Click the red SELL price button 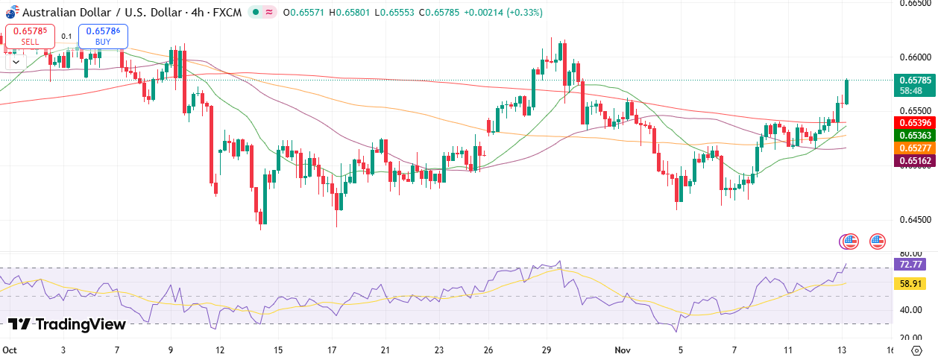tap(30, 36)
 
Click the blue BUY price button tap(103, 36)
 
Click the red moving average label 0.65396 tap(915, 121)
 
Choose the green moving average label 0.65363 tap(915, 135)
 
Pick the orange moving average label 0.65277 tap(915, 148)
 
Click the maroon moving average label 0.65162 tap(915, 160)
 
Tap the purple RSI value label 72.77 tap(911, 265)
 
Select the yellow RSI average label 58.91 tap(911, 284)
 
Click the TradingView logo tap(66, 324)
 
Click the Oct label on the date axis tap(10, 349)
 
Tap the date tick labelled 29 tap(547, 349)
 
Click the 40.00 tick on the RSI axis tap(911, 310)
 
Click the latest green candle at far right tap(847, 92)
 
